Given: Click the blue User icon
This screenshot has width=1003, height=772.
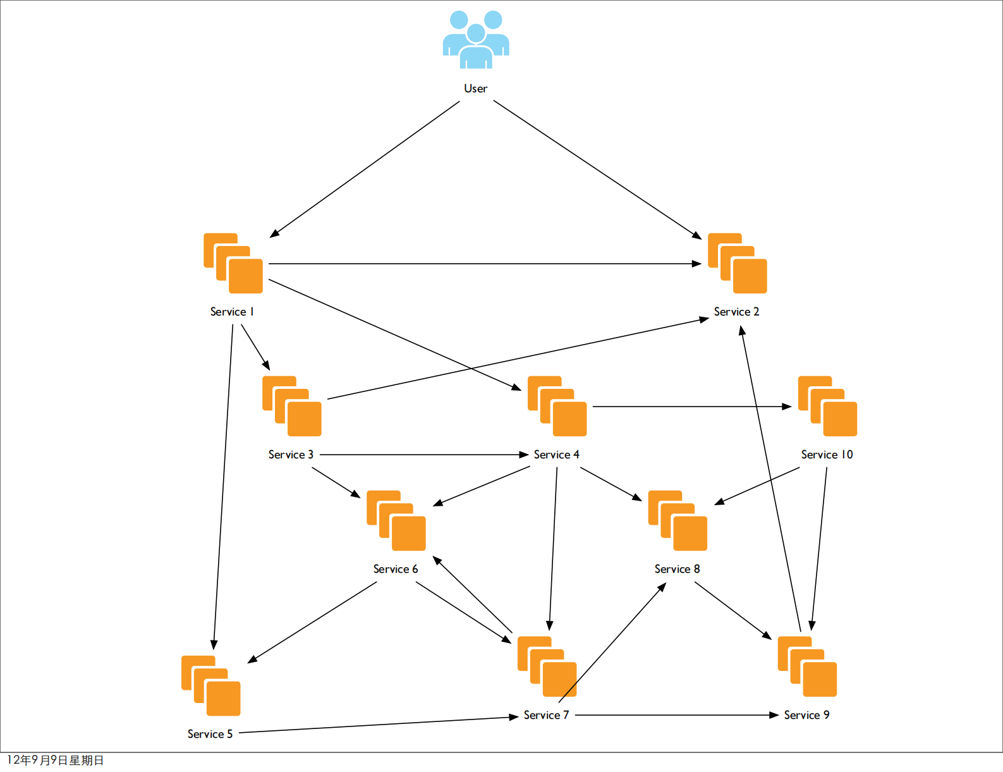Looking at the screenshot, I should (476, 39).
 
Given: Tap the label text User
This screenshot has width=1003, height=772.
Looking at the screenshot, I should (476, 89).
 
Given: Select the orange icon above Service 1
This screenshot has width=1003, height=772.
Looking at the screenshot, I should (233, 263).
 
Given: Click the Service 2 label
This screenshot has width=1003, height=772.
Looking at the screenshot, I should (736, 312).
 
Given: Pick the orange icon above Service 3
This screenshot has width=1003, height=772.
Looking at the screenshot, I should (292, 406).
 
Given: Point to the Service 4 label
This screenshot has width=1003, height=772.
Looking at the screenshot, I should (556, 455).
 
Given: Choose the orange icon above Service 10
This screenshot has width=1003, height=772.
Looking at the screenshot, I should (827, 406).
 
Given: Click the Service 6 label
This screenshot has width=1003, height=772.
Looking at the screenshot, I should (396, 569).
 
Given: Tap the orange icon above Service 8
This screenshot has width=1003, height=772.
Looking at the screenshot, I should (678, 520).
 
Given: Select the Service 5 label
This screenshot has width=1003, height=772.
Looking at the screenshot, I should (210, 734).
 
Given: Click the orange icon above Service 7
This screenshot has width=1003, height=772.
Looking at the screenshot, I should (547, 666).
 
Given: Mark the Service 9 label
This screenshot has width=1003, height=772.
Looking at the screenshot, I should (806, 715).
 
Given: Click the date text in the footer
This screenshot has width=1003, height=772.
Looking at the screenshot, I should (55, 760).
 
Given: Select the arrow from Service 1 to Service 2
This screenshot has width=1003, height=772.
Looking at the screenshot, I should (480, 264).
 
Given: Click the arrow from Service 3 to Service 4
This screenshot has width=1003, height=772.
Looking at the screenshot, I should (423, 455).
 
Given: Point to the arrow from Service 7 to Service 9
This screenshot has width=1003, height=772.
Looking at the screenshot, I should (676, 715).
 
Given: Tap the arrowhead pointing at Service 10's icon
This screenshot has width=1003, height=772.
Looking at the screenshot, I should (787, 407).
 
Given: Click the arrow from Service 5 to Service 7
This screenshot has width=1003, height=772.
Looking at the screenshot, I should (379, 725).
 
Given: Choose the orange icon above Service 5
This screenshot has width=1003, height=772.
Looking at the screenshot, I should (211, 685).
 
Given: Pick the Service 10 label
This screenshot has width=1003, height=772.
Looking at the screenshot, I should (827, 455).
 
